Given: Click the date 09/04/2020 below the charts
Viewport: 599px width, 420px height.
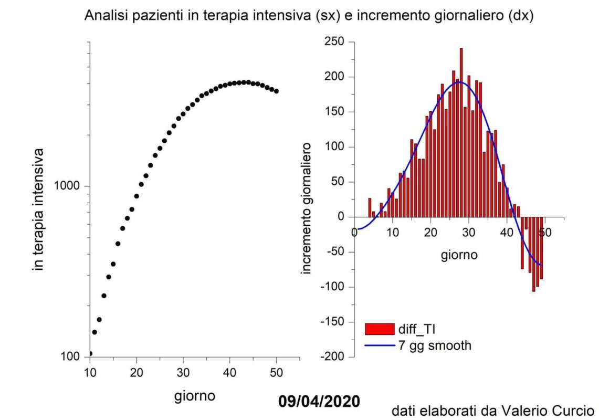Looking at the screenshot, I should pyautogui.click(x=319, y=402).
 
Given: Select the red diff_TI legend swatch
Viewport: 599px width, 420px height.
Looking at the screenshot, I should pyautogui.click(x=379, y=329).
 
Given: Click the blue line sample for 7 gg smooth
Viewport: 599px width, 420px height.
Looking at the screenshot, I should pyautogui.click(x=379, y=345).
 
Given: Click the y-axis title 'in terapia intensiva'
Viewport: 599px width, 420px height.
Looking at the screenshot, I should pyautogui.click(x=38, y=209).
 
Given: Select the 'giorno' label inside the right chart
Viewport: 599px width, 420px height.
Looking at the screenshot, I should pyautogui.click(x=459, y=256).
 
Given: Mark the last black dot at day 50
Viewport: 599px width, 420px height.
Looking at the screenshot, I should pyautogui.click(x=277, y=91).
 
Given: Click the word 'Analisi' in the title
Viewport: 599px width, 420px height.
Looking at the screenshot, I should pyautogui.click(x=104, y=16).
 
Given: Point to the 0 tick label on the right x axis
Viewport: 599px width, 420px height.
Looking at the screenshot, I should pyautogui.click(x=355, y=232).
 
